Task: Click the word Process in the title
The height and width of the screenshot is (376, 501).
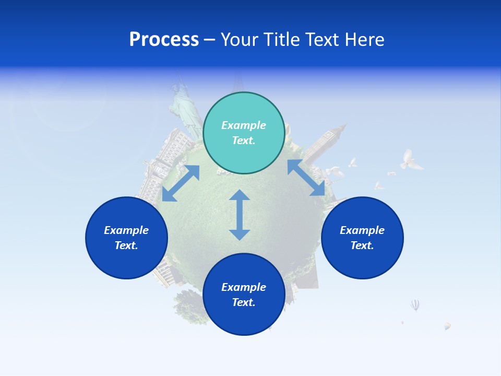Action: click(164, 40)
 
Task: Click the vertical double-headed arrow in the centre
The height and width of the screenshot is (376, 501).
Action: click(240, 215)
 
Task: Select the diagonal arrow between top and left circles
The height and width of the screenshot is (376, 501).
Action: click(181, 183)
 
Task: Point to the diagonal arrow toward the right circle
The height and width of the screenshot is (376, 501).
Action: click(306, 178)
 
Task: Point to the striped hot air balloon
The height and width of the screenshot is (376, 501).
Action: click(415, 304)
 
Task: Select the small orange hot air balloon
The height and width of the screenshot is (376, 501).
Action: click(447, 326)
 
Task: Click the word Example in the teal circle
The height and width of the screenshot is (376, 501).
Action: click(244, 125)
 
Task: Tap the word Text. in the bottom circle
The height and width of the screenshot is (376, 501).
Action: click(244, 302)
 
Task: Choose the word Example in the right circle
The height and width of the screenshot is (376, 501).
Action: click(362, 230)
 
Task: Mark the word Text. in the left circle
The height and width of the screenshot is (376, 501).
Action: click(126, 245)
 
